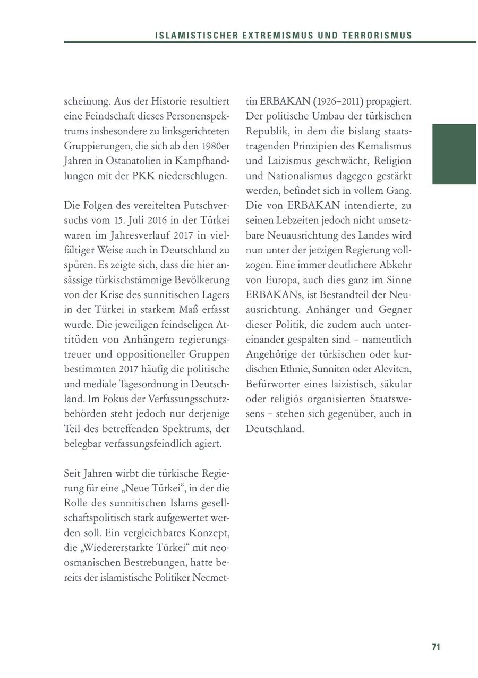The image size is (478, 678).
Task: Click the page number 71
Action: click(x=436, y=647)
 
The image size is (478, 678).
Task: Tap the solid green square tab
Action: click(x=454, y=154)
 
